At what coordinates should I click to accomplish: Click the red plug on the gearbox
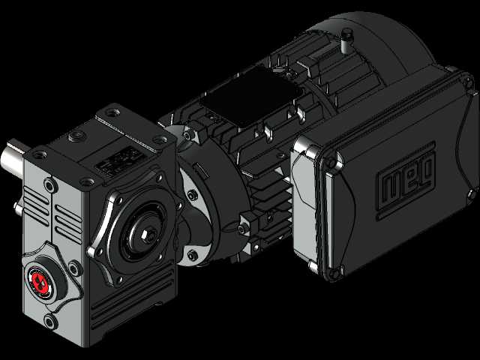click(40, 281)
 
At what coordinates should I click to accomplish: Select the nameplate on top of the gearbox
click(120, 161)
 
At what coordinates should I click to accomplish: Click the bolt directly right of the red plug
click(74, 268)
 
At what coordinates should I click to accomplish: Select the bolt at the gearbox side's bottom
click(49, 322)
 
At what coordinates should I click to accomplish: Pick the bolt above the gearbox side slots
click(50, 185)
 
